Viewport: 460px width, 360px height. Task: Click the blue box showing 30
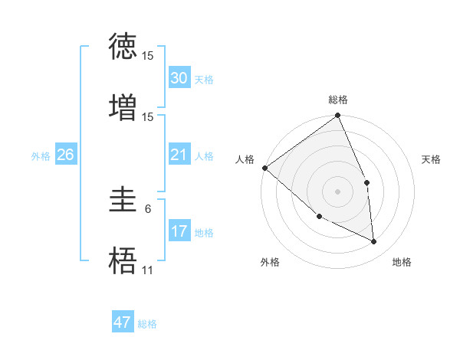tap(179, 78)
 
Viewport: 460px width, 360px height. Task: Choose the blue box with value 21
tap(179, 155)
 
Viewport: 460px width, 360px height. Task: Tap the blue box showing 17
tap(179, 231)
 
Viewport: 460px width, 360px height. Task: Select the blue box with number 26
tap(65, 155)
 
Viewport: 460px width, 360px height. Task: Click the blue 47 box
tap(122, 322)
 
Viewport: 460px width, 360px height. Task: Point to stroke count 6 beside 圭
tap(148, 208)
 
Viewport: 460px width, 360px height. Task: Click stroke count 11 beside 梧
tap(148, 270)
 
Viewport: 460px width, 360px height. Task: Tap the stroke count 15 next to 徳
tap(148, 55)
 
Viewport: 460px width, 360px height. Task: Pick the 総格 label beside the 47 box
tap(147, 324)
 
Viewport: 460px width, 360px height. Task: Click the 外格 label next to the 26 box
tap(41, 155)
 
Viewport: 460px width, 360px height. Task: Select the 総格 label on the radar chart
tap(338, 100)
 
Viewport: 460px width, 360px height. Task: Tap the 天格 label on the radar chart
tap(432, 159)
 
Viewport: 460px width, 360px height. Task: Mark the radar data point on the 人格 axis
tap(264, 168)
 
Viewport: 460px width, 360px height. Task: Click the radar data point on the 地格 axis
tap(373, 241)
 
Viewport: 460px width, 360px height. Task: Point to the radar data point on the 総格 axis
tap(338, 116)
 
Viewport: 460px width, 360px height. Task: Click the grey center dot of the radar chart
tap(338, 191)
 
